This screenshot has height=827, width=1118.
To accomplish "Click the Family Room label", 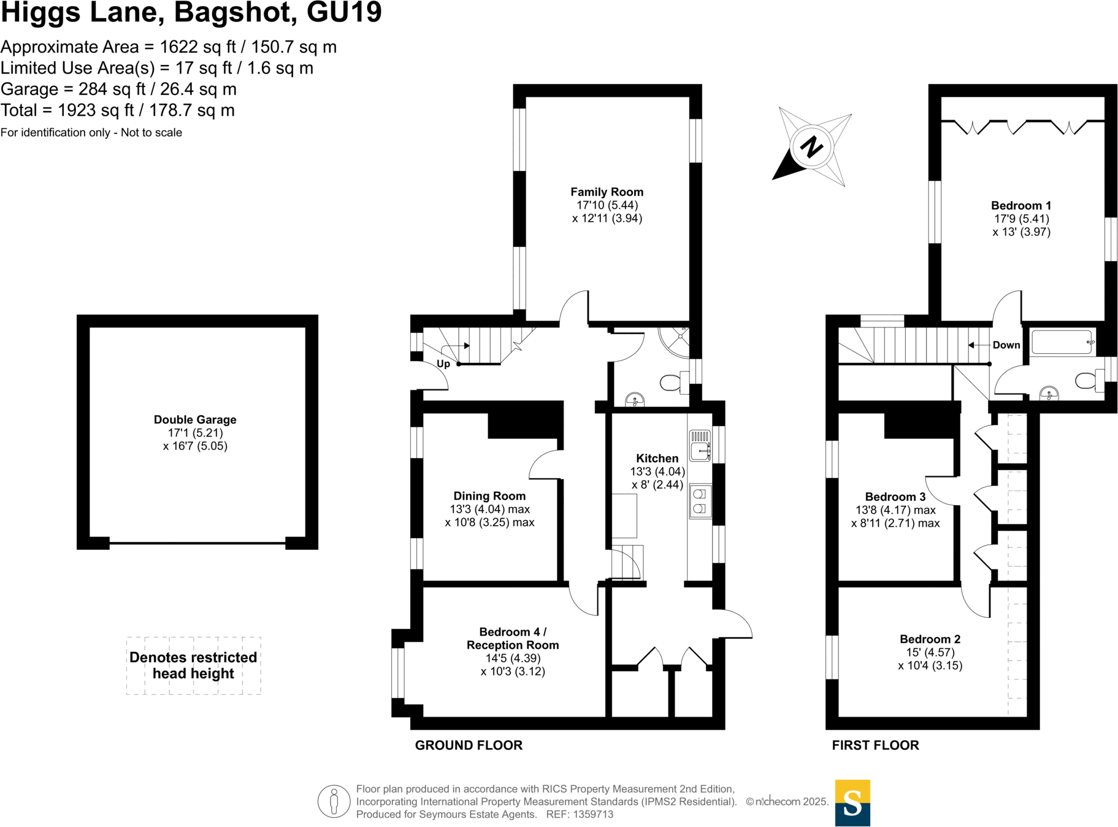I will [607, 192].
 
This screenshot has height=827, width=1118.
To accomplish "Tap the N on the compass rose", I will [811, 147].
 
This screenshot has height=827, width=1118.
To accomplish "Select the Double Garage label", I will [195, 420].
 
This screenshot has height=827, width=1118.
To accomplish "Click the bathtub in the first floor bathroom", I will [1062, 343].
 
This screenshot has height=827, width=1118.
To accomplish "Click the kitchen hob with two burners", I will [699, 501].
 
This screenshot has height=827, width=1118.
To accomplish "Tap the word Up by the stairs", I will [443, 364].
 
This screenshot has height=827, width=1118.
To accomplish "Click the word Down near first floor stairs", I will [1006, 345].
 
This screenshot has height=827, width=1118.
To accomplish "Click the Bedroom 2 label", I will [930, 639].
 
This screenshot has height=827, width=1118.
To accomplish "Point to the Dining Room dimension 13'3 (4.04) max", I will [489, 509].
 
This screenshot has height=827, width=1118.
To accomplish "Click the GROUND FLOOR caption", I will [469, 745].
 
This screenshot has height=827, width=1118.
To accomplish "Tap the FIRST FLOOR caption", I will [875, 745].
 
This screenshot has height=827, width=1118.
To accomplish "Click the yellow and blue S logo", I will [852, 802].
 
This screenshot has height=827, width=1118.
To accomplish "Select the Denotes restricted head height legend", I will [193, 665].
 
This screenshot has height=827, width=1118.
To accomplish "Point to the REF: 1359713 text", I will [580, 815].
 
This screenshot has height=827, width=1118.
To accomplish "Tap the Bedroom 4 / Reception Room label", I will [513, 638].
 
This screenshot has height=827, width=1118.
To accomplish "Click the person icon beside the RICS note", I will [334, 801].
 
